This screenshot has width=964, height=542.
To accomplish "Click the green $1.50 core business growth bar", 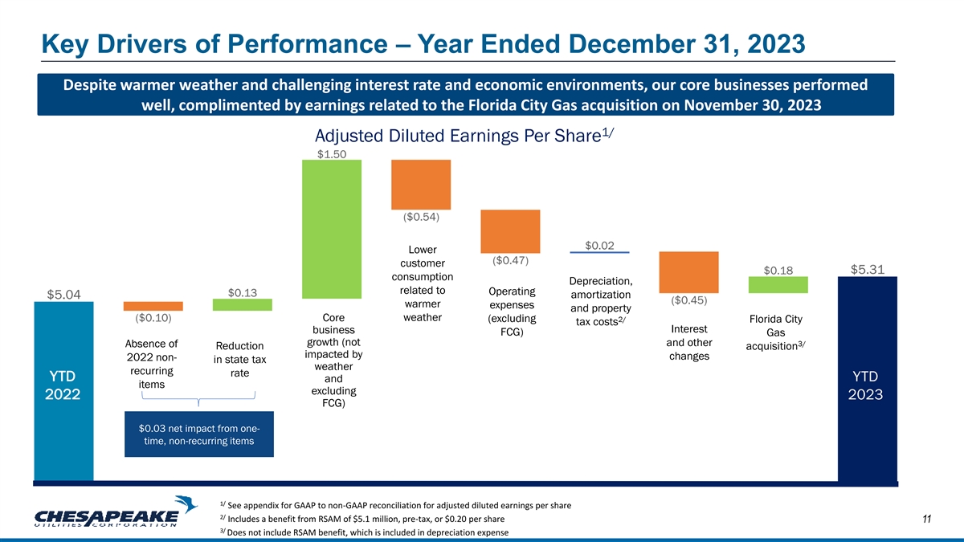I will [x=331, y=229].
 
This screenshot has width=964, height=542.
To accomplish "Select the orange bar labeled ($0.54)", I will [x=420, y=184].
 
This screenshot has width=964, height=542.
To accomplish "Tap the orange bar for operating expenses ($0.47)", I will [x=509, y=231].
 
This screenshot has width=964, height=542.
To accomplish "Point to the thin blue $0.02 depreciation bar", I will [x=599, y=252].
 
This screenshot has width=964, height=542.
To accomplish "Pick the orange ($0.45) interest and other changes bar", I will [x=688, y=272].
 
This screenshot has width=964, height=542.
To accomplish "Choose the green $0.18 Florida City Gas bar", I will [x=778, y=284].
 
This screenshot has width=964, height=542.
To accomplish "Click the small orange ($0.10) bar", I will [x=153, y=306].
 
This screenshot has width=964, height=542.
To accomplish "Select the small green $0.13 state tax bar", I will [x=242, y=304].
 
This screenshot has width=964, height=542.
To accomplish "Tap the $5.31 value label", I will [x=867, y=270].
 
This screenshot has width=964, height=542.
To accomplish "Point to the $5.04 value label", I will [x=63, y=294].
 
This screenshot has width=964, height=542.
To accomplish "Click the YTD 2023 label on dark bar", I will [x=867, y=385].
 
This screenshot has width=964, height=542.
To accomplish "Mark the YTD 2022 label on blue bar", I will [x=63, y=385].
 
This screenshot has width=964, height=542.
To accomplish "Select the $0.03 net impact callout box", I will [x=199, y=434].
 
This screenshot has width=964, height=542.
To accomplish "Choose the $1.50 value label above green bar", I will [x=331, y=154].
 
